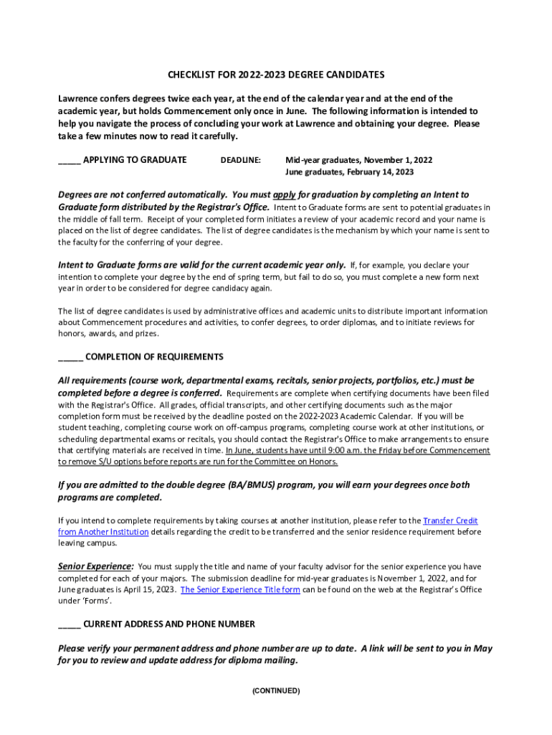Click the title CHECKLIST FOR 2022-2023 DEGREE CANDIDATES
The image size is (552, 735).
tap(276, 75)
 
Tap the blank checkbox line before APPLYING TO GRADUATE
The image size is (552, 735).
tap(69, 160)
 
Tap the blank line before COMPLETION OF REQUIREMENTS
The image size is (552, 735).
tap(70, 357)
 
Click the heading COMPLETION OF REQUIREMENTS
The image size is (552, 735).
tap(154, 357)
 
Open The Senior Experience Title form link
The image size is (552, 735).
tap(240, 590)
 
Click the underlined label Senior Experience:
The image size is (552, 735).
tap(95, 566)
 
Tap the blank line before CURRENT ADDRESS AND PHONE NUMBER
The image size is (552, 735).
tap(70, 624)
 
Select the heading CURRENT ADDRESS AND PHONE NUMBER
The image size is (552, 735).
tap(169, 624)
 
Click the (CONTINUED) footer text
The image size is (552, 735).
tap(276, 691)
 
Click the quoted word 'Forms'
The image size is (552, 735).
tap(98, 601)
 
